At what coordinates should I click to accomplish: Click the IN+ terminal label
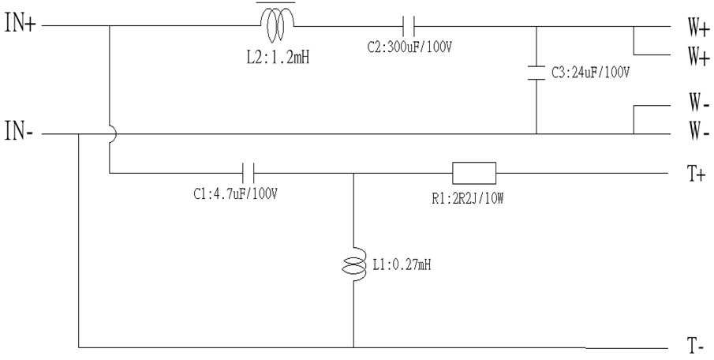20,23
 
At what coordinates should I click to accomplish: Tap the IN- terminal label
19,132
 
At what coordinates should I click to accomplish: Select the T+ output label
696,174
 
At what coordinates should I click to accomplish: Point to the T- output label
695,347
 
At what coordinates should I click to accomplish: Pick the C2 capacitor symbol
409,26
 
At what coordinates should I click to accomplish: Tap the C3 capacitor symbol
536,73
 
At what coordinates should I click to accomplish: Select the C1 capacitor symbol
247,173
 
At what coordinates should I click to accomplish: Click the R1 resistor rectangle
474,173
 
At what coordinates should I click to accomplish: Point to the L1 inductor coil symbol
353,266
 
